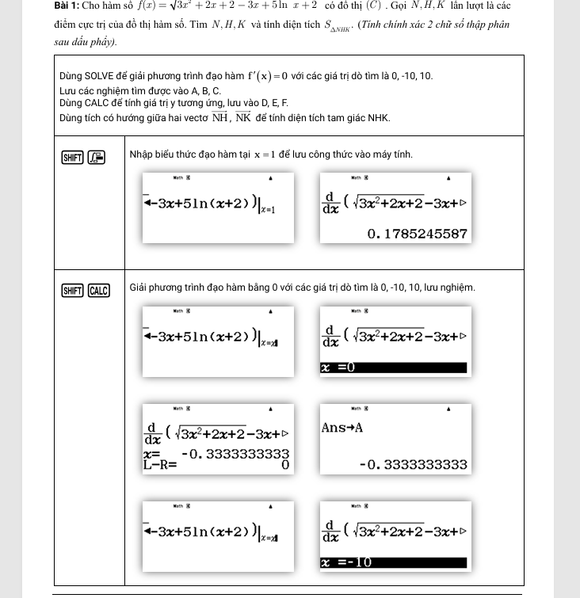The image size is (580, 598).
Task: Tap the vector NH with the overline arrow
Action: tap(219, 118)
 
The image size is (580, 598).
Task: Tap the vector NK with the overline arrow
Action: tap(243, 118)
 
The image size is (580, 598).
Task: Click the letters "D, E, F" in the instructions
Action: tap(274, 103)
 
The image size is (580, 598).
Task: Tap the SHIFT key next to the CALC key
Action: tap(73, 290)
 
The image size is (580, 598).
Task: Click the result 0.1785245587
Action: tap(418, 234)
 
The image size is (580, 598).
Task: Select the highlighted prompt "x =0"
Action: tap(338, 368)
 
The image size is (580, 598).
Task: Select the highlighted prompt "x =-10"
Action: tap(347, 563)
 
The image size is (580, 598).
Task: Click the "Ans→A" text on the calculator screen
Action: tap(342, 428)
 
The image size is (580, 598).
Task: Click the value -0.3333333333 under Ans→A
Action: tap(413, 464)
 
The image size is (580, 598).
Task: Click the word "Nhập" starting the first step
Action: tap(143, 154)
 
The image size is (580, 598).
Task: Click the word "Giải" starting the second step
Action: tap(140, 288)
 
